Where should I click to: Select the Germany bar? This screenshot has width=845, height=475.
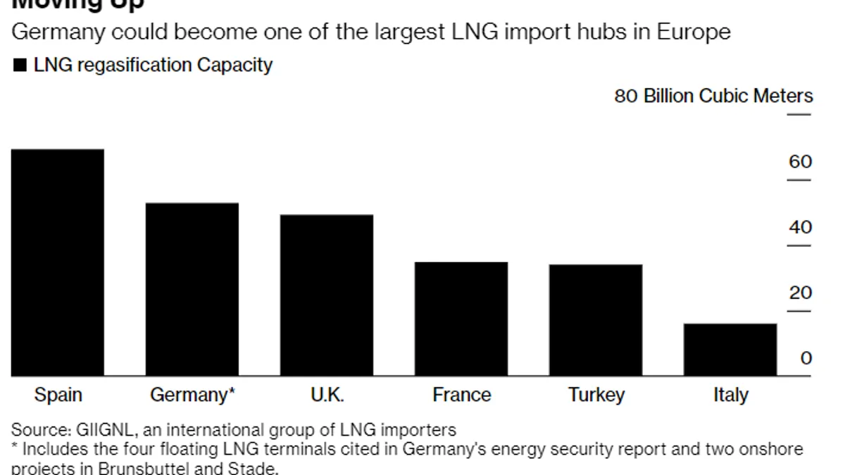click(192, 289)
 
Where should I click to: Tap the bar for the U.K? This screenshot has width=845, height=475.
click(327, 295)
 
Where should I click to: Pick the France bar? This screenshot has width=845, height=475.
click(461, 319)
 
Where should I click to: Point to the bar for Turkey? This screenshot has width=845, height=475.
click(596, 320)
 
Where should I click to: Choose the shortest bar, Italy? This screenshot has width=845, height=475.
click(730, 350)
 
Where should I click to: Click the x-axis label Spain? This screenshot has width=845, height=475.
click(58, 395)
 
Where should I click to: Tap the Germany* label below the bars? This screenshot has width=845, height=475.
click(192, 395)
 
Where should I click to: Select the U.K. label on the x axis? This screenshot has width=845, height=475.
click(327, 395)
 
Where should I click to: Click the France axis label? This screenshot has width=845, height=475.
click(461, 395)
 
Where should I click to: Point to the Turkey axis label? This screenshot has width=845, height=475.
click(596, 395)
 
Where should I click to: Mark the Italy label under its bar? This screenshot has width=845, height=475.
click(730, 395)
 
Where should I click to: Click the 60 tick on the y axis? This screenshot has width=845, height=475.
click(800, 162)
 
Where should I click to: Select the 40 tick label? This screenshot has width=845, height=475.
click(800, 227)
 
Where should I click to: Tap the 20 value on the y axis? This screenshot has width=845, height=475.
click(800, 293)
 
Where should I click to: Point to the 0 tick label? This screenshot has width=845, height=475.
click(806, 358)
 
